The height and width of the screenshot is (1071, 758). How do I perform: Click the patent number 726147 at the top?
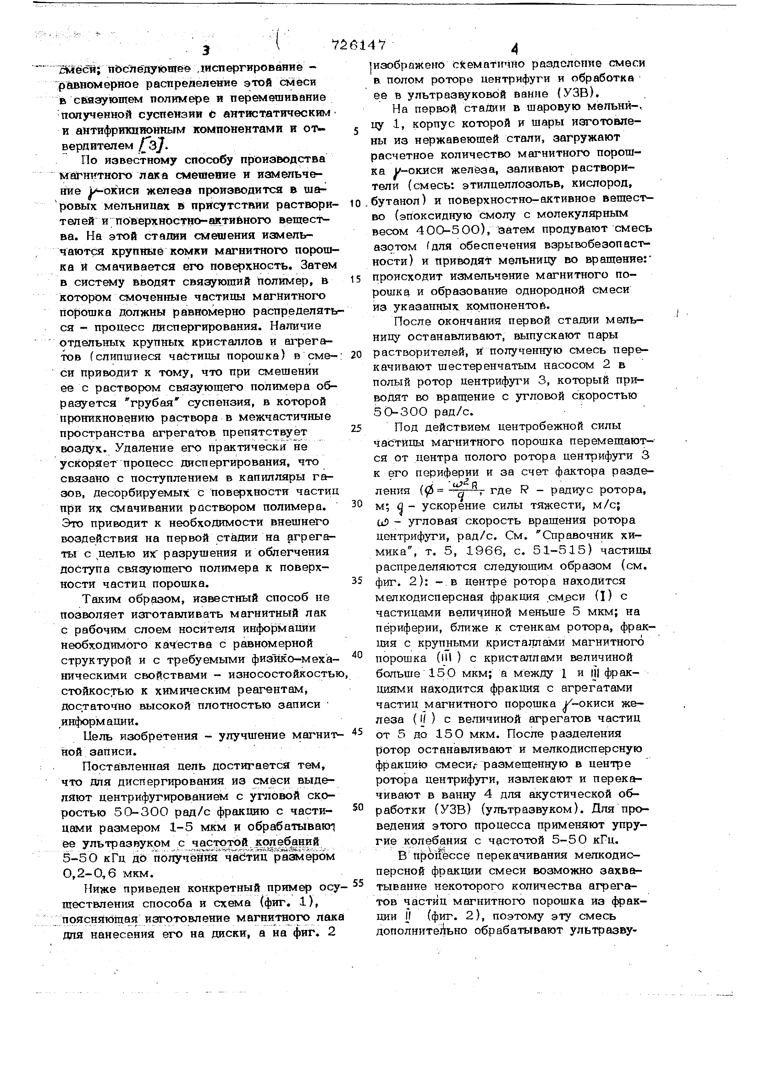tap(359, 45)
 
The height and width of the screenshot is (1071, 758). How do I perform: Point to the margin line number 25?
tap(356, 428)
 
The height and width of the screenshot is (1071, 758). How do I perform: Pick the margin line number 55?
tap(358, 883)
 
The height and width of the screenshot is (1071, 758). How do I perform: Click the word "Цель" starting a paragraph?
tap(99, 736)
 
